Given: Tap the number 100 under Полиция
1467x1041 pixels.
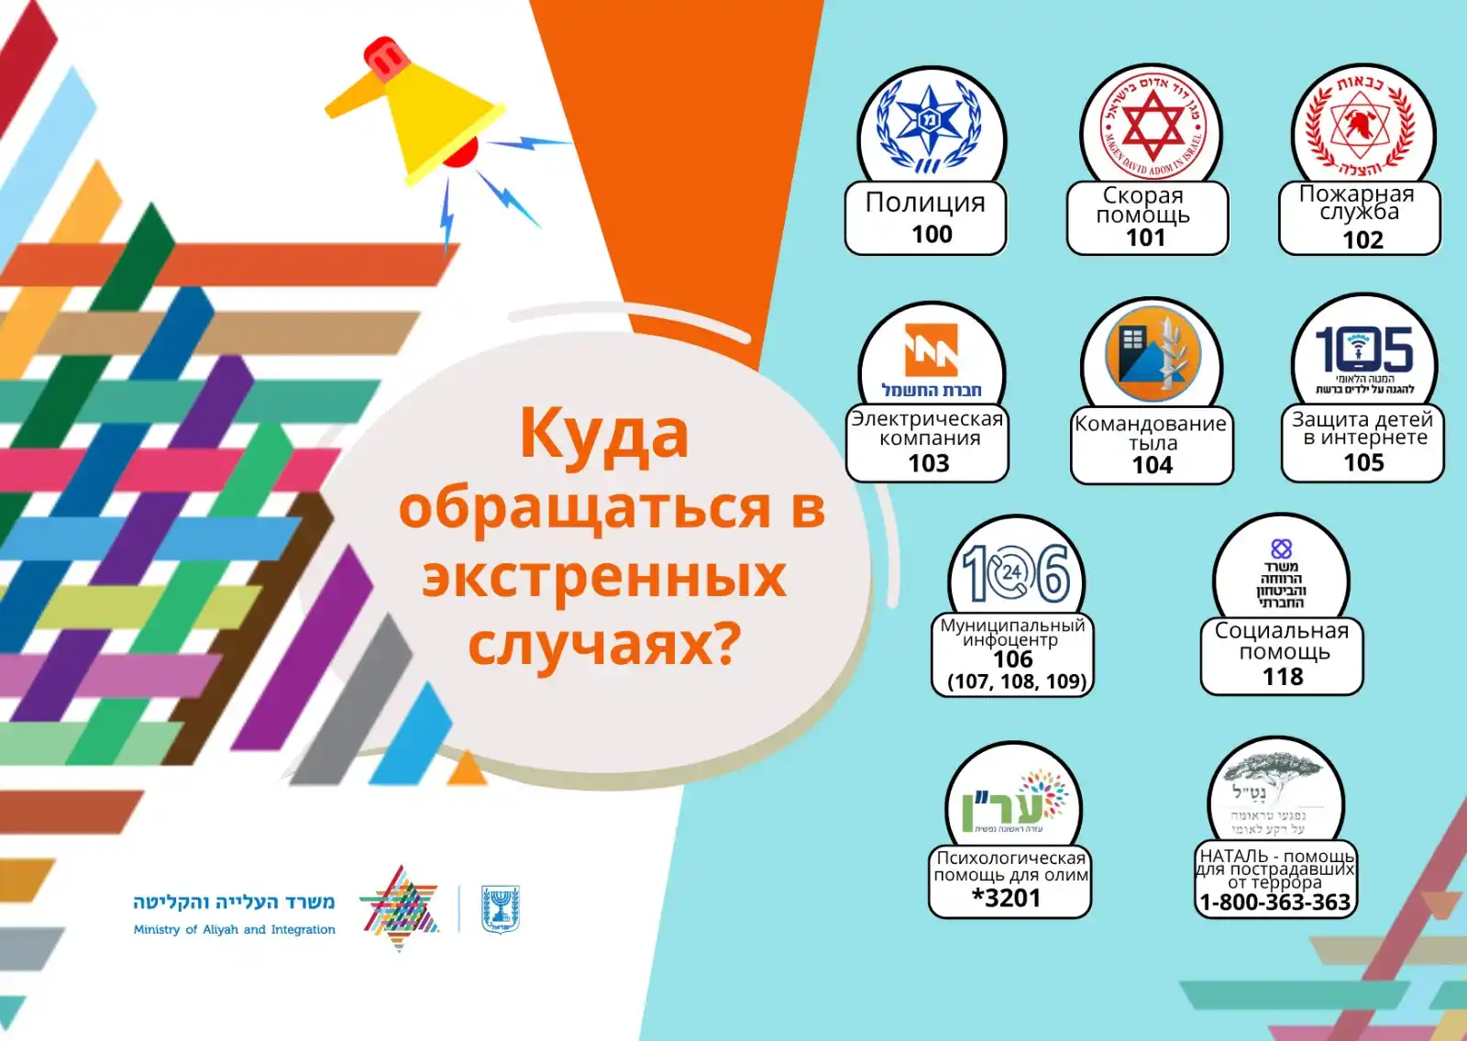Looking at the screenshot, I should pos(932,234).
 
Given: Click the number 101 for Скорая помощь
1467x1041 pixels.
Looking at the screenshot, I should pos(1145,238).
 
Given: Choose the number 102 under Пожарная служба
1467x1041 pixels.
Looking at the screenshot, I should pos(1362,240).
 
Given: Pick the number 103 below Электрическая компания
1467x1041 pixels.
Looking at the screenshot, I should pos(928,463).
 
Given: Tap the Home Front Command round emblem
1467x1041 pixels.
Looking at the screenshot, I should pos(1153,354).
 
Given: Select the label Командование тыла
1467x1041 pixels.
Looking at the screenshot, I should pos(1151,433).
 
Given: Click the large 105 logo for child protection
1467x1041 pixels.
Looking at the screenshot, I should pos(1364,349).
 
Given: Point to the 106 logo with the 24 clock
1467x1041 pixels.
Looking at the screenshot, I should pos(1016,573).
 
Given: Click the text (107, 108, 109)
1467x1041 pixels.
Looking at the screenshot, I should pos(1016,681).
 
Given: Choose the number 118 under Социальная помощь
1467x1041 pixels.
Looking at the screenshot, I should pos(1283,677).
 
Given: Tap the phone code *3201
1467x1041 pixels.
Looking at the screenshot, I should pos(1007,898).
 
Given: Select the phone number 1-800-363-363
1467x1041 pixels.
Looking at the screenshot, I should pos(1275,903).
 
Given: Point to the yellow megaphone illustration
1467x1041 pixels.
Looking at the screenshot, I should pos(422,110).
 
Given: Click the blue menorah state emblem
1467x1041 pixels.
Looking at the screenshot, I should pos(501,910).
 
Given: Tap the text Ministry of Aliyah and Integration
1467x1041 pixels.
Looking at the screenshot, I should pos(235,929).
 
